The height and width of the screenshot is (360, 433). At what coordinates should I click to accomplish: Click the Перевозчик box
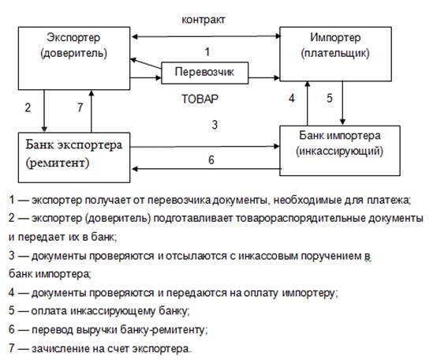point(204,73)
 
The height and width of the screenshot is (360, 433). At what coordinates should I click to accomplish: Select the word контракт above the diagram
point(203,20)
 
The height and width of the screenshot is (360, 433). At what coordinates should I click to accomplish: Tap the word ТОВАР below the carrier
point(200,99)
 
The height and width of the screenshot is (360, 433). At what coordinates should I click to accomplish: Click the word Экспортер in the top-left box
point(73,38)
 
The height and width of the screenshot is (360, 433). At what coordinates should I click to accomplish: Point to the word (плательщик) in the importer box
point(335,53)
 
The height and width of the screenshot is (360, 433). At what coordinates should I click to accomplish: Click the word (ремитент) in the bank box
point(58,163)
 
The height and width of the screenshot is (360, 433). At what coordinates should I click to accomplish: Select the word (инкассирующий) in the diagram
point(340,152)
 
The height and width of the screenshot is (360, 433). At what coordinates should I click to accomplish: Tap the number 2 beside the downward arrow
point(28,107)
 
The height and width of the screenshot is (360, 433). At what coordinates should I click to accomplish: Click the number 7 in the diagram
point(80,107)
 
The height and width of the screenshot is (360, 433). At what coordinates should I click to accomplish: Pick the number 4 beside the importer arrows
point(292,98)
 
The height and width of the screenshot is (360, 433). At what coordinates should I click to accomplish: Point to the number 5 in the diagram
point(330,98)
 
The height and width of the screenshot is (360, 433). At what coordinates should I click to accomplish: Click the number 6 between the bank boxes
point(211,160)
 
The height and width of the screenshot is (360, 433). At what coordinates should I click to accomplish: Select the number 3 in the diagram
point(215,125)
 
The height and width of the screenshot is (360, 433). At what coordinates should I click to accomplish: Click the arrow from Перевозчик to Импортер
point(264,78)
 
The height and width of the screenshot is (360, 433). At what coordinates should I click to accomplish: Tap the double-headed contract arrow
point(207,36)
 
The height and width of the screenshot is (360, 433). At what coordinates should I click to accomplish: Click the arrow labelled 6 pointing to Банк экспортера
point(207,169)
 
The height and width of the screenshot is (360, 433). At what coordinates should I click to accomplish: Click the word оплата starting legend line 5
point(49,311)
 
